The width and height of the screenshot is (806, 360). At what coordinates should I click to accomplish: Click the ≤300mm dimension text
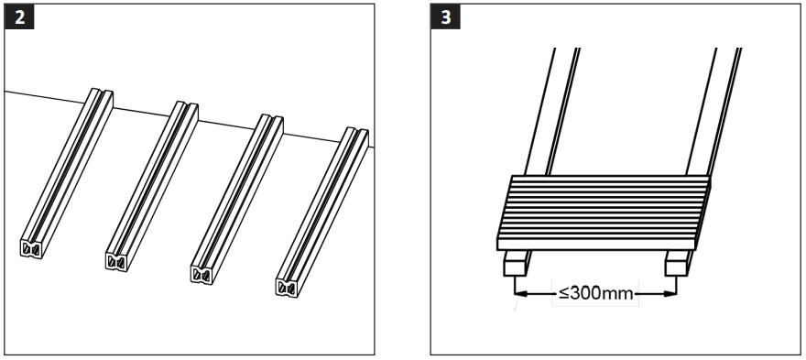click(595, 295)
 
